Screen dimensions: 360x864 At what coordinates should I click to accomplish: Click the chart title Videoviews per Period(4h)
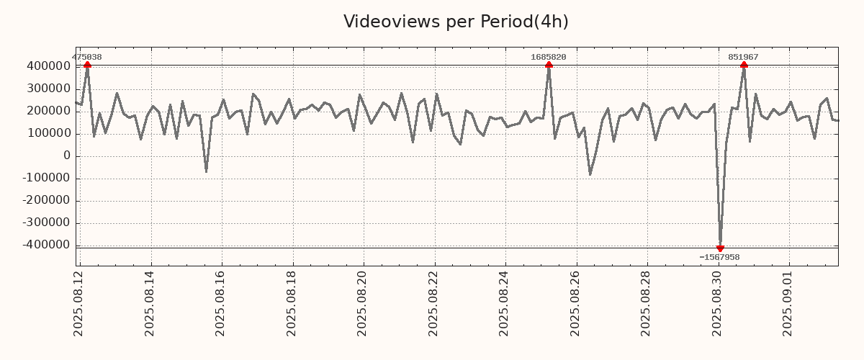tap(456, 22)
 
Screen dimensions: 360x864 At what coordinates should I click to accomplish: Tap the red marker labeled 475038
tap(87, 65)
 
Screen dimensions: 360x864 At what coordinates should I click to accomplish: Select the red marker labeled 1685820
tap(549, 65)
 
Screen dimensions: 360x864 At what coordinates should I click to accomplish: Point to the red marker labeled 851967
tap(744, 65)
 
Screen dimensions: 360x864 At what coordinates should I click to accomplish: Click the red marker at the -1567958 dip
tap(720, 248)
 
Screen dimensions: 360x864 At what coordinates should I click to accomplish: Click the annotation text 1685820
tap(549, 57)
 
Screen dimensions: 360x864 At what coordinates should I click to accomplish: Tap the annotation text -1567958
tap(719, 257)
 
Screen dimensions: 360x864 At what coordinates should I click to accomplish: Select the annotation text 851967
tap(743, 57)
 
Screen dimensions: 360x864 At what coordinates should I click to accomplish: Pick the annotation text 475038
tap(87, 57)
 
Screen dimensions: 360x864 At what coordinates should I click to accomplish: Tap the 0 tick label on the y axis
tap(67, 156)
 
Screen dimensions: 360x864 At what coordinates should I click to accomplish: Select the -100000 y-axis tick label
tap(46, 179)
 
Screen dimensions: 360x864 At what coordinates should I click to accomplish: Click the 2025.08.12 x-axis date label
tap(79, 302)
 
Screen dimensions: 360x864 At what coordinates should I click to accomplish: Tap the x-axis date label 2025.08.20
tap(363, 302)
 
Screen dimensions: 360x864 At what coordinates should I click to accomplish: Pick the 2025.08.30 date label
tap(718, 302)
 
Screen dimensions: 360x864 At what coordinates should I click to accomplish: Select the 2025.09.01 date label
tap(789, 302)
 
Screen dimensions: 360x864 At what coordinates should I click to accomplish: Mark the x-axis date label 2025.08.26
tap(576, 302)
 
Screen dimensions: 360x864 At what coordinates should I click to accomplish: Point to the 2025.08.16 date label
tap(221, 302)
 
